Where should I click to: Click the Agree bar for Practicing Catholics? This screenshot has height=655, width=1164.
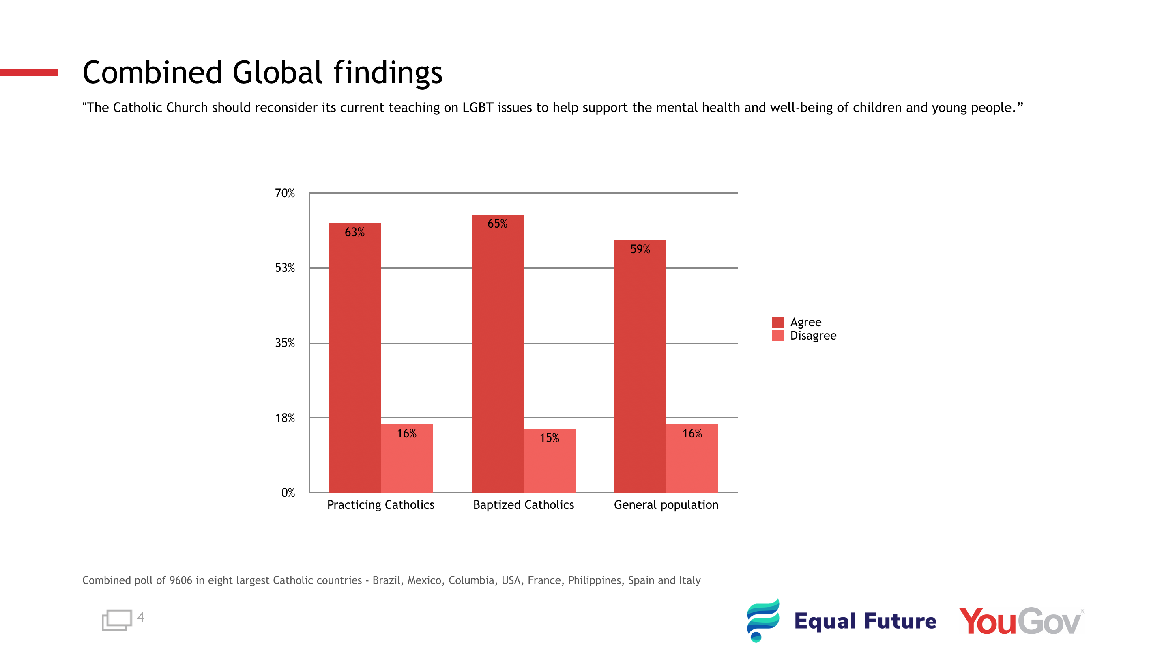click(x=355, y=362)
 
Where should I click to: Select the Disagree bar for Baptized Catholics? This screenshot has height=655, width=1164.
click(x=550, y=465)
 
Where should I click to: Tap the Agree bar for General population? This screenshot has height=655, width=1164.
click(x=640, y=371)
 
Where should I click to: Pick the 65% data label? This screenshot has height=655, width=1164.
click(x=497, y=224)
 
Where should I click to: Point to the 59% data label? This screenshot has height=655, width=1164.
click(x=640, y=249)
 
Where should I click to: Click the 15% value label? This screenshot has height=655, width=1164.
click(x=550, y=437)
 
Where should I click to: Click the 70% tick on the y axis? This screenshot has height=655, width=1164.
click(x=285, y=194)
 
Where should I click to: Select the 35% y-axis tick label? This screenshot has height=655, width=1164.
click(x=285, y=343)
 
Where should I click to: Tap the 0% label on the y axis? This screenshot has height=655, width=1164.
click(x=288, y=493)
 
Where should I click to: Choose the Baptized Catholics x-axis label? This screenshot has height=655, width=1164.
click(x=523, y=505)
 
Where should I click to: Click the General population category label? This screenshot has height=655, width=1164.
click(x=666, y=505)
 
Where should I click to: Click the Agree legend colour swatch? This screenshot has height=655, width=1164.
click(x=777, y=322)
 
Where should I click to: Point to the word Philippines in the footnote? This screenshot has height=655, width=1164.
click(x=594, y=580)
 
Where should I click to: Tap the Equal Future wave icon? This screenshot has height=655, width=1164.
click(x=763, y=620)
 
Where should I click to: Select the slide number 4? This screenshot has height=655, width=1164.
click(x=140, y=618)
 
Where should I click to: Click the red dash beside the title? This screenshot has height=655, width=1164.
click(x=29, y=72)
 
